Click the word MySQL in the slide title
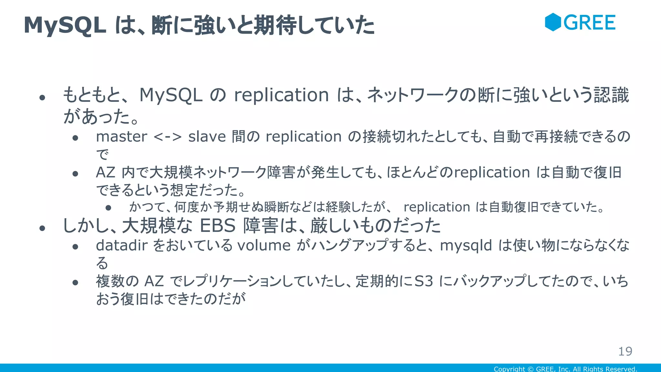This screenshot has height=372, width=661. (65, 25)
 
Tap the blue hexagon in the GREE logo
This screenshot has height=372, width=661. (553, 22)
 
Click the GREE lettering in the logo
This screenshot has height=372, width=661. (590, 23)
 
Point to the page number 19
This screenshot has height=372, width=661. (625, 351)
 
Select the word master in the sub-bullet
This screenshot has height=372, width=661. (122, 137)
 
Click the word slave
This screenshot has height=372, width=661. (207, 137)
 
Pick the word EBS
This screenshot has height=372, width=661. (218, 225)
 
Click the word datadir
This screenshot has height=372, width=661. (122, 245)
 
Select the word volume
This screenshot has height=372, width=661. (264, 245)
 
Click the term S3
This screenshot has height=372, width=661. (423, 281)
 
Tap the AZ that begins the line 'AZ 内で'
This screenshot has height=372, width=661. (106, 172)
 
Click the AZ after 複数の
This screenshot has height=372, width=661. (154, 281)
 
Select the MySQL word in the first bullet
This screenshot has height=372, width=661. (171, 95)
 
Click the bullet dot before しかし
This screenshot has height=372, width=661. (42, 228)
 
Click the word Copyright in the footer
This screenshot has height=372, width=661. (509, 369)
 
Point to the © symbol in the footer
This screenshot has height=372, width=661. (530, 369)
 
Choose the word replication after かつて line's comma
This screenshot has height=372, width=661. (437, 207)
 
